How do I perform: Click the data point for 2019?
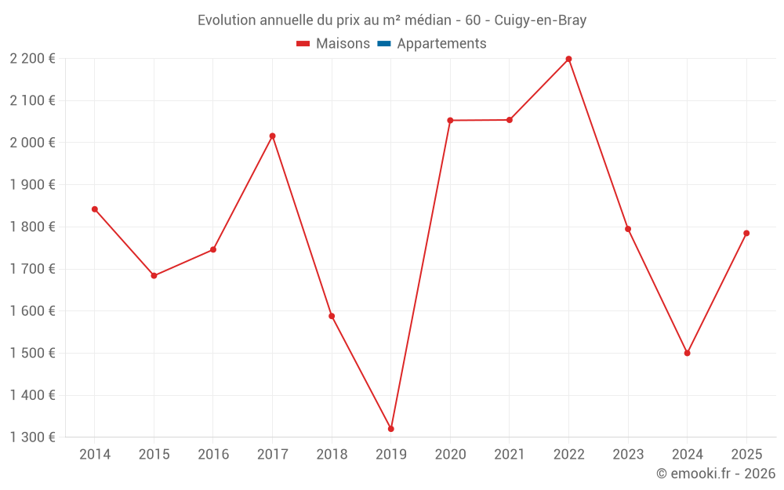pos(390,429)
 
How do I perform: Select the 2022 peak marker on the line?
pos(568,59)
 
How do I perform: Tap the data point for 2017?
pos(272,136)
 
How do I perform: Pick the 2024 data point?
pos(687,353)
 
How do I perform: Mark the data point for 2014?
pos(95,209)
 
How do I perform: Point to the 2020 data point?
pos(450,120)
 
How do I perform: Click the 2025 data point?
pos(746,233)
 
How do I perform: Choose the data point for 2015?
pos(154,276)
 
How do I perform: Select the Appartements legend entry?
pos(441,44)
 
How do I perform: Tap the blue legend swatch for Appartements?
pos(384,44)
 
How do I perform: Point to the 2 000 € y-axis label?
pos(32,143)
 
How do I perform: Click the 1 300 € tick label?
pos(32,437)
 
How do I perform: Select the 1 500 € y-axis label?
pos(32,353)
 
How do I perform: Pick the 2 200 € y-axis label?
pos(32,59)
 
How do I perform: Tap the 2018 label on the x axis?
pos(332,455)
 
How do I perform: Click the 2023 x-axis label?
pos(628,455)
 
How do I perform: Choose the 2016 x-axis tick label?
pos(213,455)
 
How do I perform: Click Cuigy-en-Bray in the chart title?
pos(540,20)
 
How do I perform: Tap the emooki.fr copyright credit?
pos(716,474)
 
